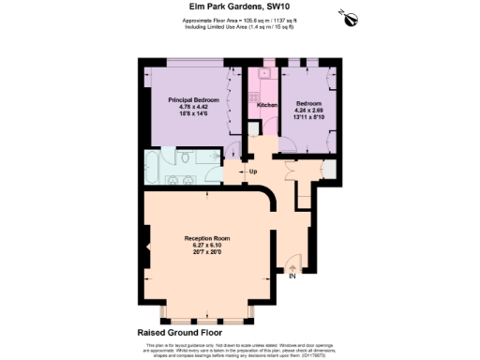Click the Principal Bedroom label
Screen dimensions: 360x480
tap(193, 99)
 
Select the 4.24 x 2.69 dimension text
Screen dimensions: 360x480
tap(309, 110)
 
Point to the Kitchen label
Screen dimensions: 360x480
tap(267, 105)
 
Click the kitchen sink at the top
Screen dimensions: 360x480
tap(265, 71)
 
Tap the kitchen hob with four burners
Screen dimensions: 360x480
tap(252, 94)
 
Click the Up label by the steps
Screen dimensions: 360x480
tap(252, 172)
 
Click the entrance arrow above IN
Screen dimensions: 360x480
tap(292, 266)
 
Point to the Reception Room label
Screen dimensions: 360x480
tap(206, 238)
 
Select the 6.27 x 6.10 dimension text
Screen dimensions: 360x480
tap(206, 246)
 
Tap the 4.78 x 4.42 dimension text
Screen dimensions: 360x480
tap(193, 107)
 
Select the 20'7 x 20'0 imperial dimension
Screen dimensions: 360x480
tap(206, 253)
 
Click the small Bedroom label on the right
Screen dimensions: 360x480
tap(309, 102)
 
